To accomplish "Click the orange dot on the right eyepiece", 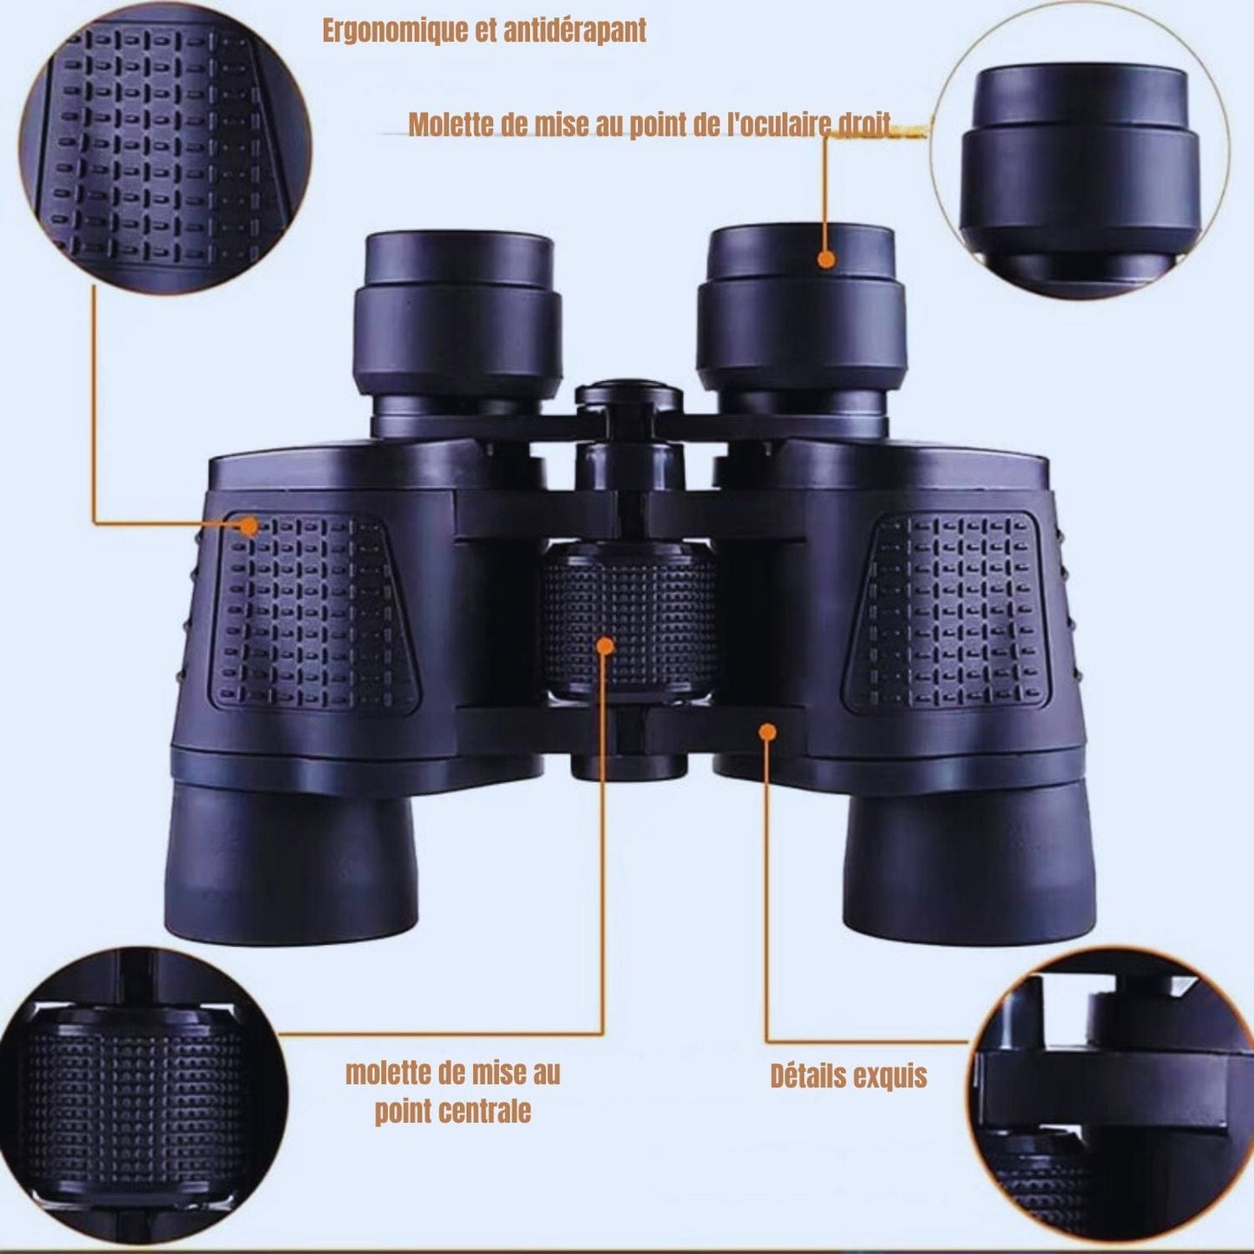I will click(826, 259).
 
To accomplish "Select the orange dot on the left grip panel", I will click(249, 525).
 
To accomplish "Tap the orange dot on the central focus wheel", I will click(606, 646).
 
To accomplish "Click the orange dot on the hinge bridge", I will click(766, 732).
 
